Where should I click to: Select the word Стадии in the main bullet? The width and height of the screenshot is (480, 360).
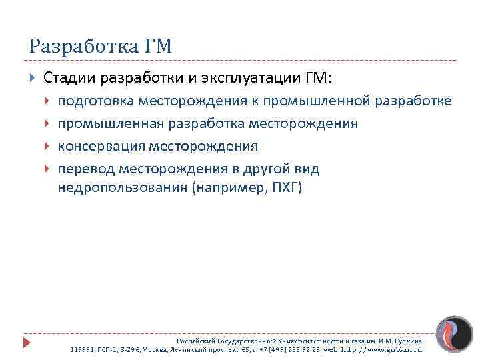pyautogui.click(x=70, y=79)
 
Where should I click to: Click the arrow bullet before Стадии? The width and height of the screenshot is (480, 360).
pyautogui.click(x=33, y=79)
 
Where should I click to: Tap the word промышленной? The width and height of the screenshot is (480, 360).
pyautogui.click(x=326, y=101)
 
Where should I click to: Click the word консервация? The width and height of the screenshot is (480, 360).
pyautogui.click(x=101, y=146)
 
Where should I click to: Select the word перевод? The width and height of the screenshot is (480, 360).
pyautogui.click(x=85, y=169)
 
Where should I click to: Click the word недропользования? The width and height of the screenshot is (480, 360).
pyautogui.click(x=122, y=187)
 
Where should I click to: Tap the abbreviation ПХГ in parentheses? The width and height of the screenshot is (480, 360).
pyautogui.click(x=285, y=187)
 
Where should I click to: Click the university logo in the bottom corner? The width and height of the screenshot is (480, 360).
pyautogui.click(x=451, y=333)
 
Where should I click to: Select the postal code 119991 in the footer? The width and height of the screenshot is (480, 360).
pyautogui.click(x=84, y=349)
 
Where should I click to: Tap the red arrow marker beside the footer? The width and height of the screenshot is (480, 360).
pyautogui.click(x=27, y=342)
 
